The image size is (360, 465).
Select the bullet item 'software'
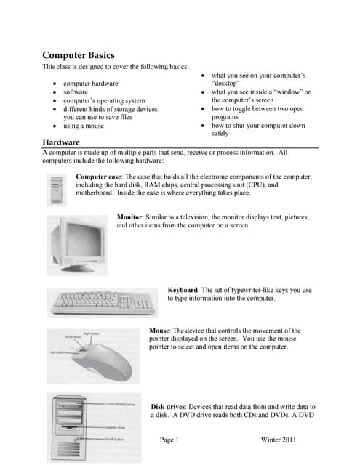pyautogui.click(x=76, y=92)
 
